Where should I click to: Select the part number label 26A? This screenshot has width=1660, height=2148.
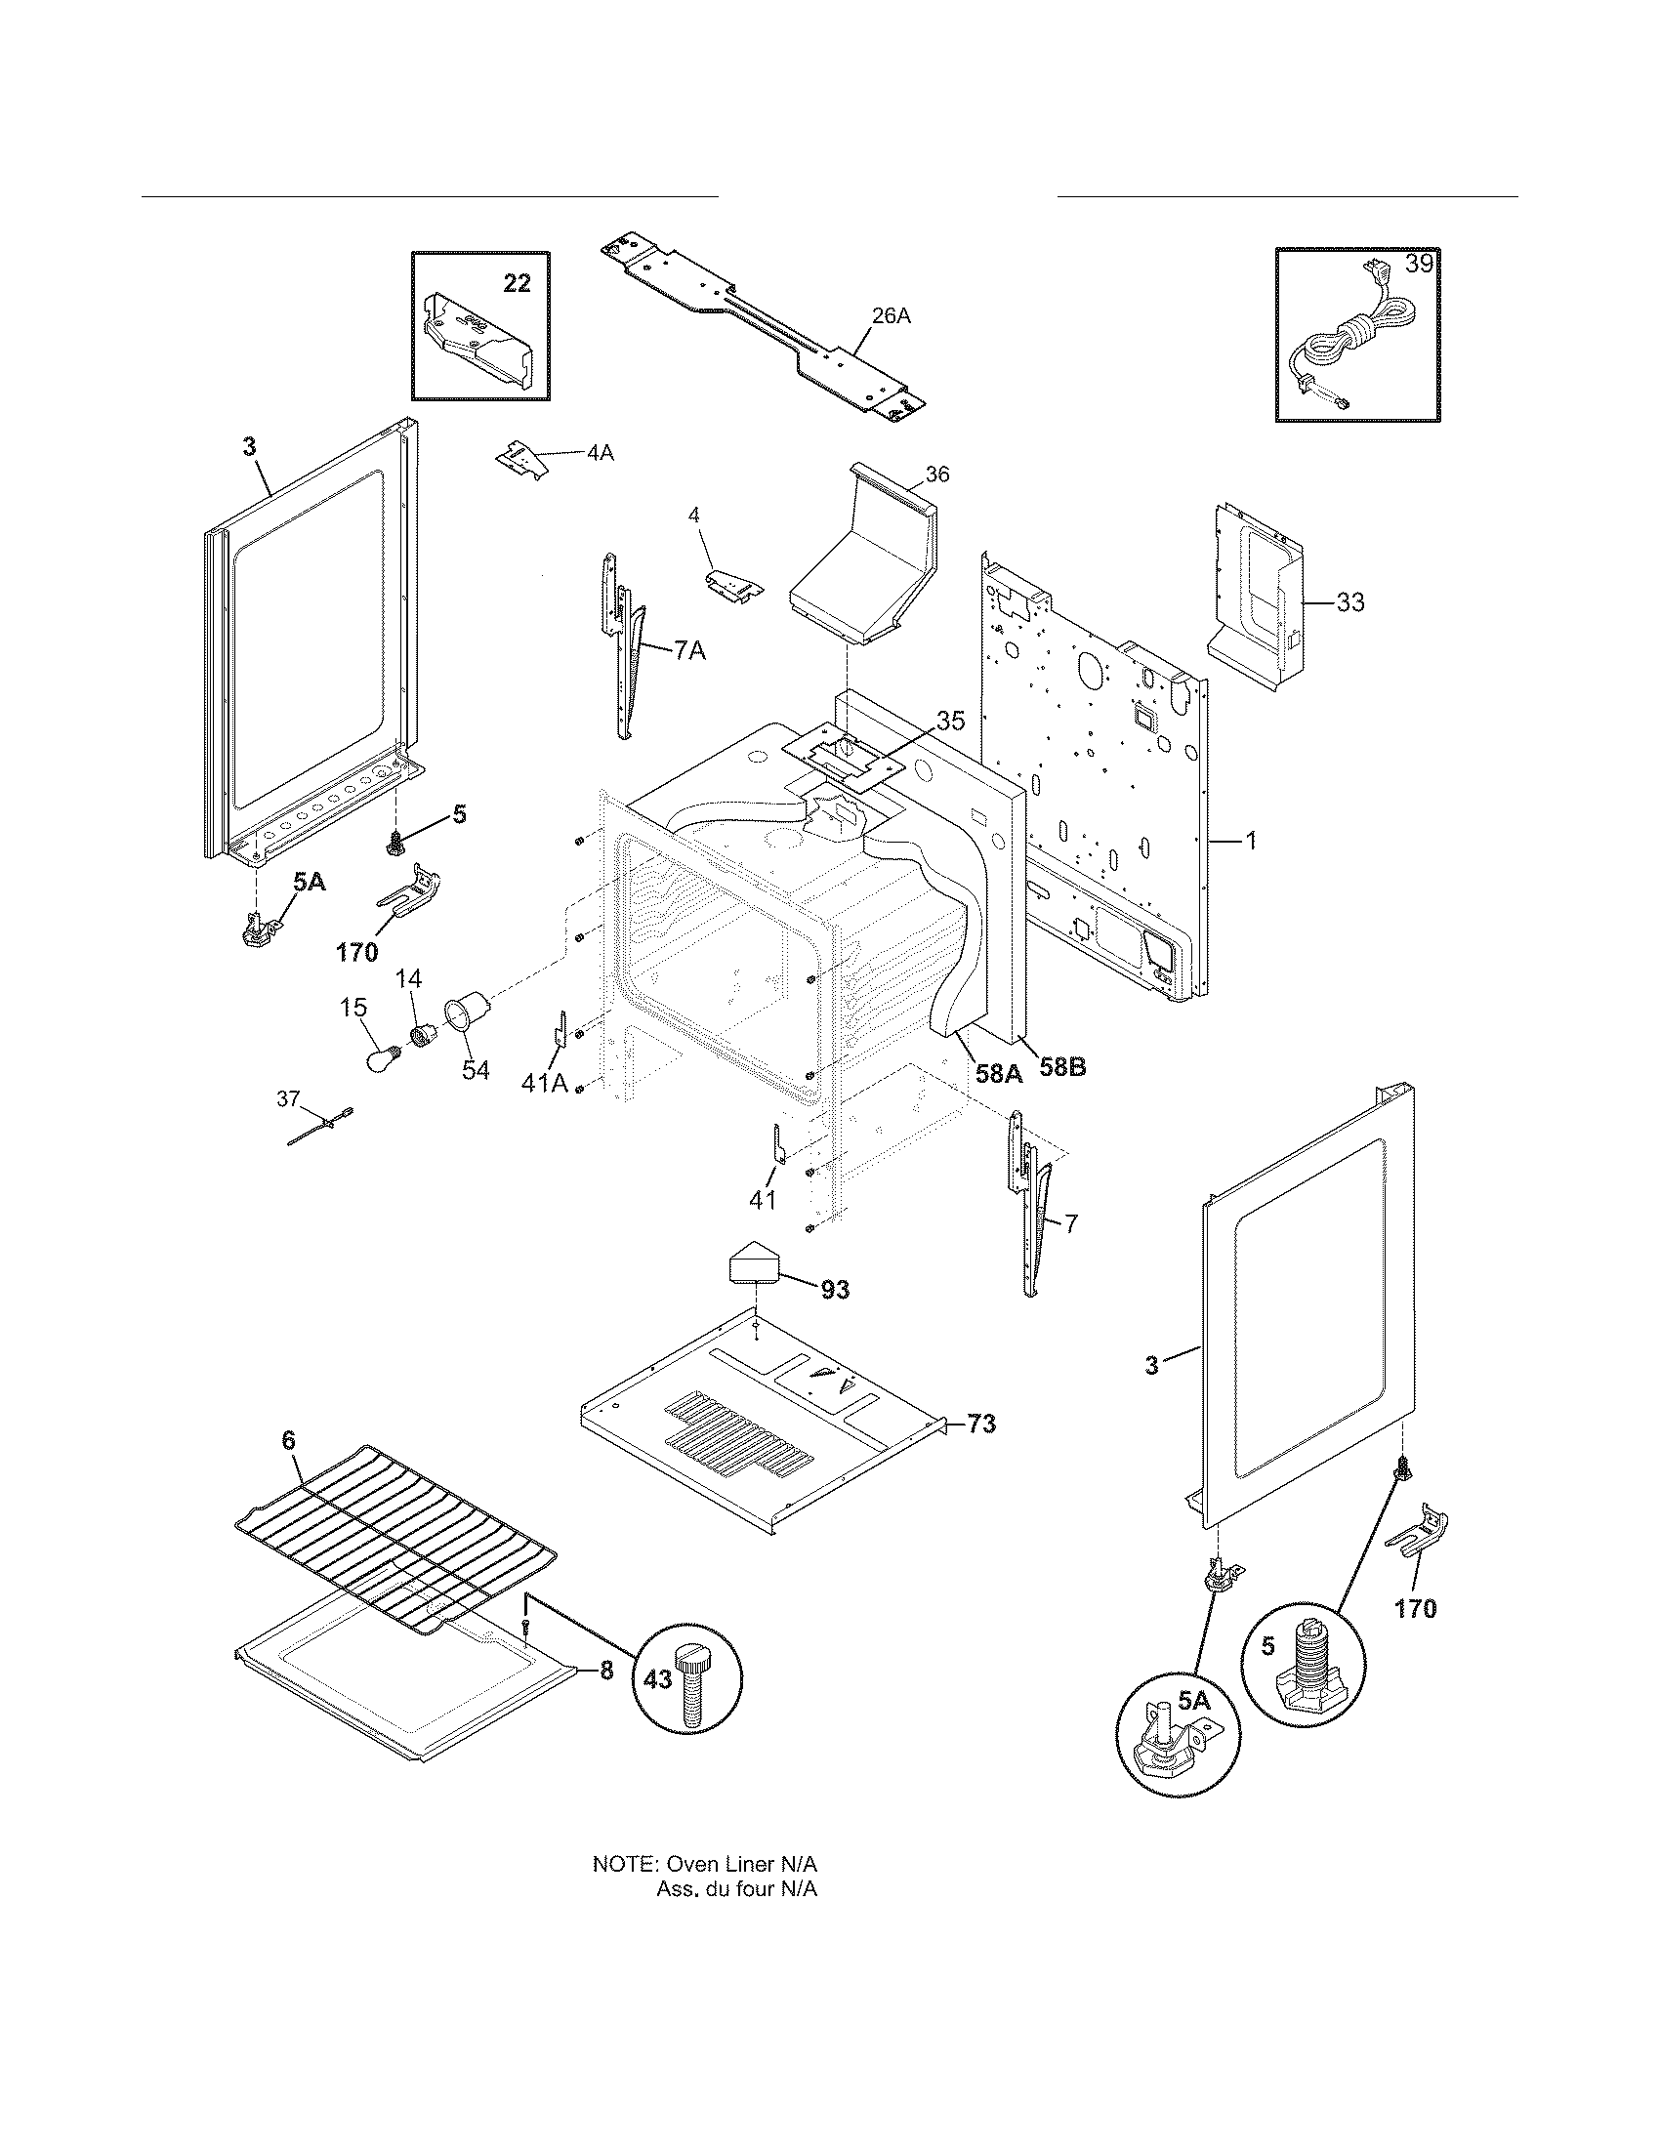pos(891,315)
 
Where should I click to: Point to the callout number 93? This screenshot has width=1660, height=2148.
pos(835,1290)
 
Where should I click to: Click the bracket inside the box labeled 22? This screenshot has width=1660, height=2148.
pos(477,345)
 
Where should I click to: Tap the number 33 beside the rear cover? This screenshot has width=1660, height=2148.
pos(1350,601)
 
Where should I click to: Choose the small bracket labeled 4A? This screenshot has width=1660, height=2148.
pos(522,458)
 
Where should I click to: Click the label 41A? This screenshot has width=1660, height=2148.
pos(545,1083)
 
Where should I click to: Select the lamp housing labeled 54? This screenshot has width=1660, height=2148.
pos(466,1012)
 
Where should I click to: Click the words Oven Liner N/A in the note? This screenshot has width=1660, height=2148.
pos(742,1865)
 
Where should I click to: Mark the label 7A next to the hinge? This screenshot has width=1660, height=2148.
pos(689,650)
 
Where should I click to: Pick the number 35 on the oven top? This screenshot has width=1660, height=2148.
pos(949,720)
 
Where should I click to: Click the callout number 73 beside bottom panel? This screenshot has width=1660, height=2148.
pos(980,1424)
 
